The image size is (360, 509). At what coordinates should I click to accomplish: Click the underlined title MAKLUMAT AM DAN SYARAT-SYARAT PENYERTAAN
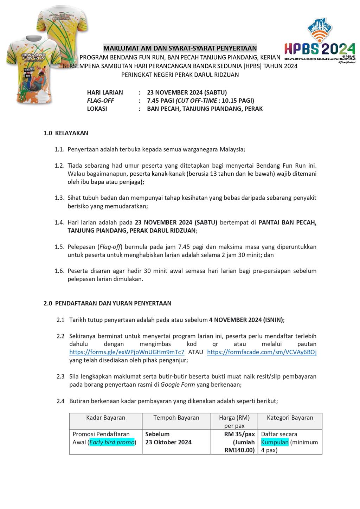(x=180, y=48)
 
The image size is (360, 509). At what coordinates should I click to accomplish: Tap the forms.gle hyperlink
(x=127, y=352)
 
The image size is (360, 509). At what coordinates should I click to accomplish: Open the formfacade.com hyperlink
(x=262, y=352)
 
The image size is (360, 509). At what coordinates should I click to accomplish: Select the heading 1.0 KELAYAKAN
(x=66, y=133)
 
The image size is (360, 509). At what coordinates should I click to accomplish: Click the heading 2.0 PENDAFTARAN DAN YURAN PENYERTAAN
(x=108, y=303)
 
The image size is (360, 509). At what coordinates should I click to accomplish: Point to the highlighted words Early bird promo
(x=112, y=442)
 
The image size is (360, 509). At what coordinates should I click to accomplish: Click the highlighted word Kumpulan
(x=275, y=442)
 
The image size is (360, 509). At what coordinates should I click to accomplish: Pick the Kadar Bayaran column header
(x=105, y=418)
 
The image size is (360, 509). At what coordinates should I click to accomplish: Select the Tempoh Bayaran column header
(x=176, y=418)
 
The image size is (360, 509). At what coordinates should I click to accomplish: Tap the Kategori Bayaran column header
(x=290, y=418)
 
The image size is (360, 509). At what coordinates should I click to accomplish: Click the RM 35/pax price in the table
(x=239, y=434)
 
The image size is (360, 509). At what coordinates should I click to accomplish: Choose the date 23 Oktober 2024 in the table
(x=168, y=442)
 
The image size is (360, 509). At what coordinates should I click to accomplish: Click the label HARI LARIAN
(x=105, y=92)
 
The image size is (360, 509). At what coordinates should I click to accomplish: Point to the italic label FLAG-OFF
(x=101, y=101)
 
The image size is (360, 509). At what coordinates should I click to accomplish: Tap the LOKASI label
(x=97, y=109)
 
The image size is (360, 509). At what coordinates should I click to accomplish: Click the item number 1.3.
(x=59, y=198)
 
